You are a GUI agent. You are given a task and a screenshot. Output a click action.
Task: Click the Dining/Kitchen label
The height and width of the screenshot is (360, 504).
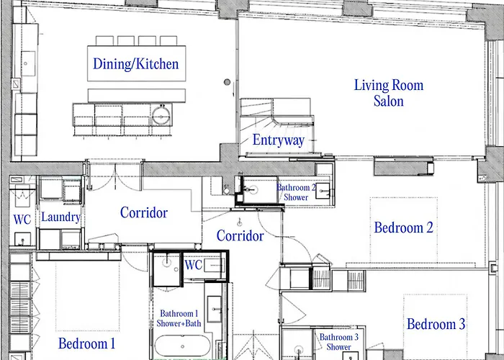135,63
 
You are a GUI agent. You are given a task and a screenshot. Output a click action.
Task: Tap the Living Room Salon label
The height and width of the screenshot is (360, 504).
389,93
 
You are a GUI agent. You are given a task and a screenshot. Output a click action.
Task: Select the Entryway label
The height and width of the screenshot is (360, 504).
279,140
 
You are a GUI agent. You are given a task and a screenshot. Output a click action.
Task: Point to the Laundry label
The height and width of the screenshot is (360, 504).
60,217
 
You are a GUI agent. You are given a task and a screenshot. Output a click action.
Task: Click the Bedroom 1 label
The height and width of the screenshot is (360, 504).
87,343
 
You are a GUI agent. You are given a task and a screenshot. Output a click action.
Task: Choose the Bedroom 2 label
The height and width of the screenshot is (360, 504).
404,228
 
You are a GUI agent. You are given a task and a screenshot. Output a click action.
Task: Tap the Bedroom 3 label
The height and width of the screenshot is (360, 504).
436,324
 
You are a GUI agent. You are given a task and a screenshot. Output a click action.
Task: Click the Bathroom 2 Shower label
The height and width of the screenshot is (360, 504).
296,192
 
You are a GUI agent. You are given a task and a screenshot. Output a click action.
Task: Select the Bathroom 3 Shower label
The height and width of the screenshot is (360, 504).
339,342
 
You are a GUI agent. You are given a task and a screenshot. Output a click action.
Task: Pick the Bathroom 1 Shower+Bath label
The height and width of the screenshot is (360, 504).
179,318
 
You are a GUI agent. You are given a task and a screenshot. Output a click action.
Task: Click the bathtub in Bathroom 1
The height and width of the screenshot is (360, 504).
183,346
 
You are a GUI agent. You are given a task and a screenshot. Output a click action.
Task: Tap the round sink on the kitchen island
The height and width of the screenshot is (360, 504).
161,115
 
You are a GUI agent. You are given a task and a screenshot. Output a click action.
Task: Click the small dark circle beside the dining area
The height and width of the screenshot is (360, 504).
227,82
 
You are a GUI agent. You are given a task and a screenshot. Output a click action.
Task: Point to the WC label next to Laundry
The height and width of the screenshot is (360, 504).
22,220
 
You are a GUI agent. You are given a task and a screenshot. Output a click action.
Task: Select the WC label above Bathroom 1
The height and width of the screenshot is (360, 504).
194,265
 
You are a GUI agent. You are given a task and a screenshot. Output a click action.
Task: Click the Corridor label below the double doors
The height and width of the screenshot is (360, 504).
144,212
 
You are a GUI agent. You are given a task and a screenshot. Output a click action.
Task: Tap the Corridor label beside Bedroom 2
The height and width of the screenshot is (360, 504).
240,235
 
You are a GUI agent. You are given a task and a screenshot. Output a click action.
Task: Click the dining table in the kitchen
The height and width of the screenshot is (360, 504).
137,63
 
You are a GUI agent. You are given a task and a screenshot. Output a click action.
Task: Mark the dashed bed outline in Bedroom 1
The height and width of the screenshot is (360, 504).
87,297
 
